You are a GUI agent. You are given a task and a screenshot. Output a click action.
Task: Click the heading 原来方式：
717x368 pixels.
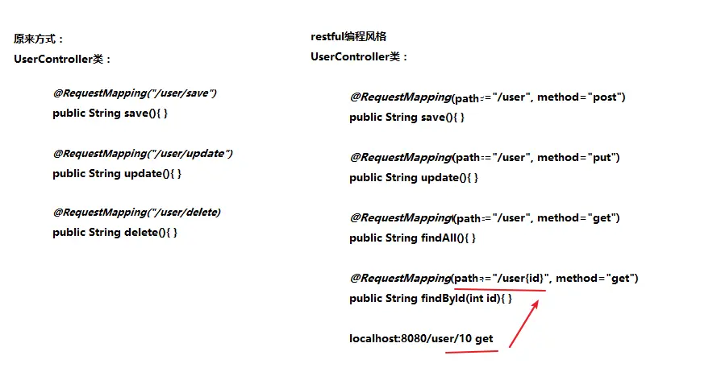(40, 39)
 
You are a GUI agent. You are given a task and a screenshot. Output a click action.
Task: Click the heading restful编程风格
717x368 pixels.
(353, 37)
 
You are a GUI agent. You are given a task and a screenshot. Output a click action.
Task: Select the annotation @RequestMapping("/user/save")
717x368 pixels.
(135, 93)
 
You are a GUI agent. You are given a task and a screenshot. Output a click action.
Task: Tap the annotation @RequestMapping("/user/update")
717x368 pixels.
(143, 153)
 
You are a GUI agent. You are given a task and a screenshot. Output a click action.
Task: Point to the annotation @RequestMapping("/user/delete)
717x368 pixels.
(136, 213)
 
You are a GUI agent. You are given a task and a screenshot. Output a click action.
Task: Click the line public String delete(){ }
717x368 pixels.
(115, 232)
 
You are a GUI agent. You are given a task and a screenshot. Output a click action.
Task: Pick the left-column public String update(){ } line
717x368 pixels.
(117, 173)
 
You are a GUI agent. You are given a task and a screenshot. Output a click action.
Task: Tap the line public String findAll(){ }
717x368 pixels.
(412, 238)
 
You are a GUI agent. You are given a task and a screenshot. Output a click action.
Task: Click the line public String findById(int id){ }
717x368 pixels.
(431, 299)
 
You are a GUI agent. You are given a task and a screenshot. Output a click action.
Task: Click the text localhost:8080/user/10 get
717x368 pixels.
(421, 339)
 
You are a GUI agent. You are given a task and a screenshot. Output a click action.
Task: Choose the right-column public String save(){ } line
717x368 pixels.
(406, 118)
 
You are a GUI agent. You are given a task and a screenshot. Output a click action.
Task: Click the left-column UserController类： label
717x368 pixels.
(64, 59)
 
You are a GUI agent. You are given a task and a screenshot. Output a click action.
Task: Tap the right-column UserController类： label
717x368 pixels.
(360, 57)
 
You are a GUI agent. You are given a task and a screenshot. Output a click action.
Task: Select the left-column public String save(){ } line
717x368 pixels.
(110, 114)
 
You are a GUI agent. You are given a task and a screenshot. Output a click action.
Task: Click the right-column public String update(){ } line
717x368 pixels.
(413, 178)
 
